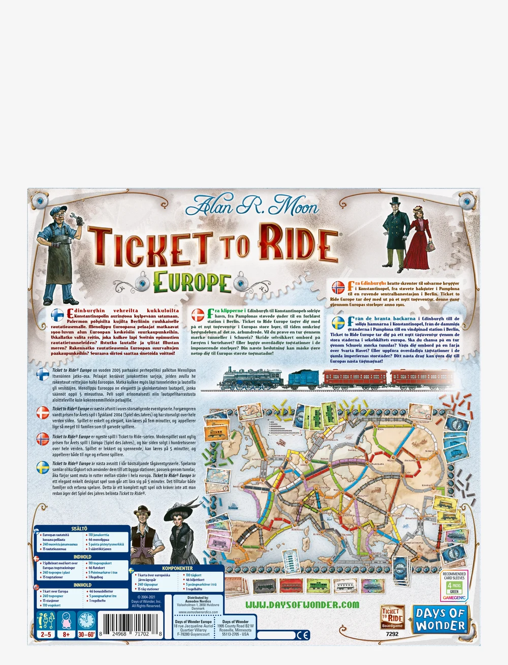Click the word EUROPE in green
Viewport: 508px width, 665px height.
pyautogui.click(x=192, y=283)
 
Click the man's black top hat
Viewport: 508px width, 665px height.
pyautogui.click(x=395, y=201)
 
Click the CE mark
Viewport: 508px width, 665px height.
pyautogui.click(x=303, y=634)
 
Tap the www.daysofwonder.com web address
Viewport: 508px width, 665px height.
pyautogui.click(x=302, y=605)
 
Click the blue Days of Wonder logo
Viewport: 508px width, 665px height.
pyautogui.click(x=440, y=619)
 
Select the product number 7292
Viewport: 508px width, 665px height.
pyautogui.click(x=392, y=634)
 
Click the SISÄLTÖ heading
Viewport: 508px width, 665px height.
pyautogui.click(x=80, y=529)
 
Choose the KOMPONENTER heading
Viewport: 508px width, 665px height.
pyautogui.click(x=177, y=568)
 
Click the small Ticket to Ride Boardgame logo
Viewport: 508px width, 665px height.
pyautogui.click(x=392, y=617)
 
